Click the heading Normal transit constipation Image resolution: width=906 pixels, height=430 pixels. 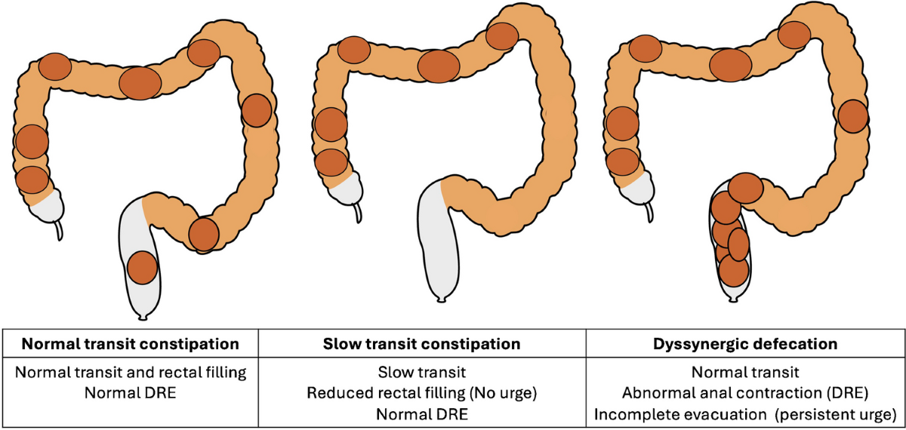131,344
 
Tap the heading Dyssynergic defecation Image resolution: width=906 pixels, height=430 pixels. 745,344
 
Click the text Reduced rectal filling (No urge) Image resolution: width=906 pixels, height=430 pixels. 423,393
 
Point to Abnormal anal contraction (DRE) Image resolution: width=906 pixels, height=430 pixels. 745,393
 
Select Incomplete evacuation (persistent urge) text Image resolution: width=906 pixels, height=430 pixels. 745,414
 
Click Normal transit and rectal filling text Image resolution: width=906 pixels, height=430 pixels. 131,372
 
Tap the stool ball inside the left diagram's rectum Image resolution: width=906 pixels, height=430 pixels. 142,267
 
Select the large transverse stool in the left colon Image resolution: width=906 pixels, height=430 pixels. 140,83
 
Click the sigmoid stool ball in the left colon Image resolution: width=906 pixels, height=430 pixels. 203,233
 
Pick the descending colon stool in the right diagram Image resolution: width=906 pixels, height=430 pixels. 852,115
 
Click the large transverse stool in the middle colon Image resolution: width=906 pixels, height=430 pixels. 439,66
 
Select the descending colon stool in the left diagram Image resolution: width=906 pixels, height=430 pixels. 257,110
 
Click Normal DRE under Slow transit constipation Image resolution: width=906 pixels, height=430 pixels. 423,414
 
